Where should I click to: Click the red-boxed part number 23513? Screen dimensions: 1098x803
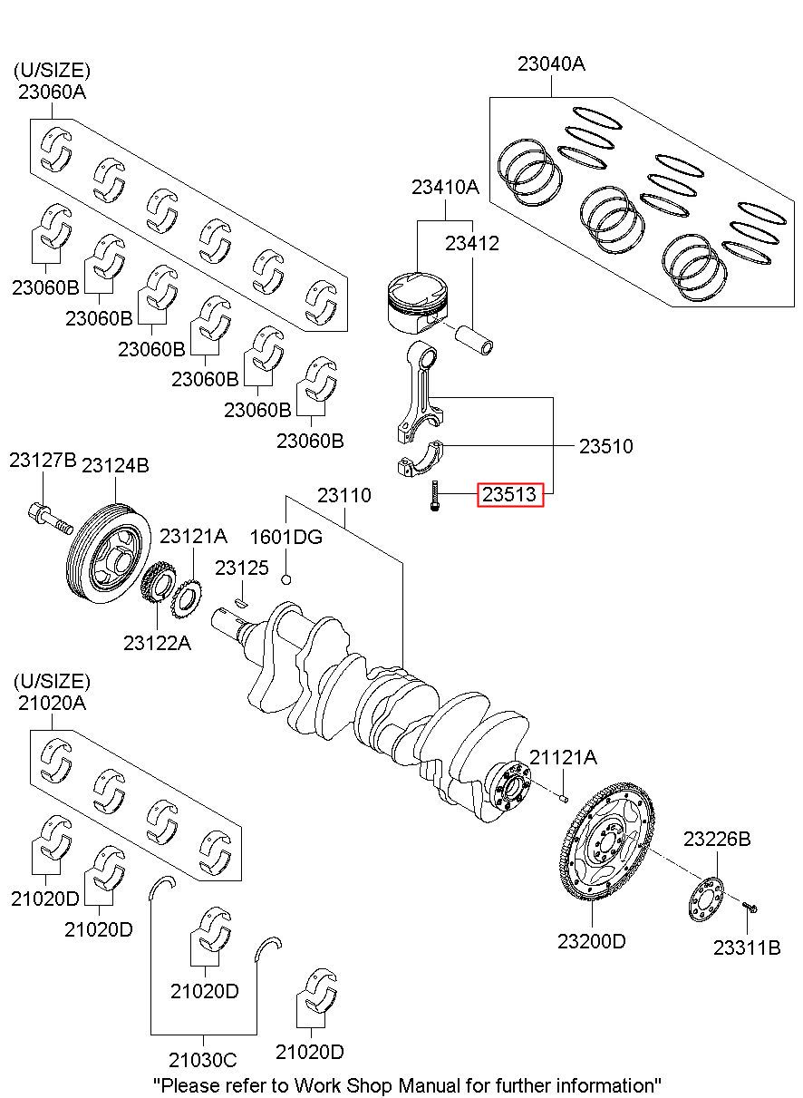510,495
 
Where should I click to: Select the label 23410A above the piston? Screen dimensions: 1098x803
444,188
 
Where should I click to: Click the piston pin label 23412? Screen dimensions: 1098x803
471,243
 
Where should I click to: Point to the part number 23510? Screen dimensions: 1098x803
606,446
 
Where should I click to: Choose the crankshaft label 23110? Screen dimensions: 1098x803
343,496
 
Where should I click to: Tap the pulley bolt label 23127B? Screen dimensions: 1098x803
43,461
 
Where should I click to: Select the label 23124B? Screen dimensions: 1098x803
115,464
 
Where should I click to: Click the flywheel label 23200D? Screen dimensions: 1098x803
591,941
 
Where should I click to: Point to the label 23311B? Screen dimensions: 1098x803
746,948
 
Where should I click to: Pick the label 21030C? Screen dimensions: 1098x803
202,1059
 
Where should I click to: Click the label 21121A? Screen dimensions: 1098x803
563,757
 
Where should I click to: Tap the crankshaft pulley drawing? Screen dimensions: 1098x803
110,556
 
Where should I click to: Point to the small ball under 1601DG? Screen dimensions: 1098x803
286,579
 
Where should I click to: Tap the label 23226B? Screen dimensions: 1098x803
717,839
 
